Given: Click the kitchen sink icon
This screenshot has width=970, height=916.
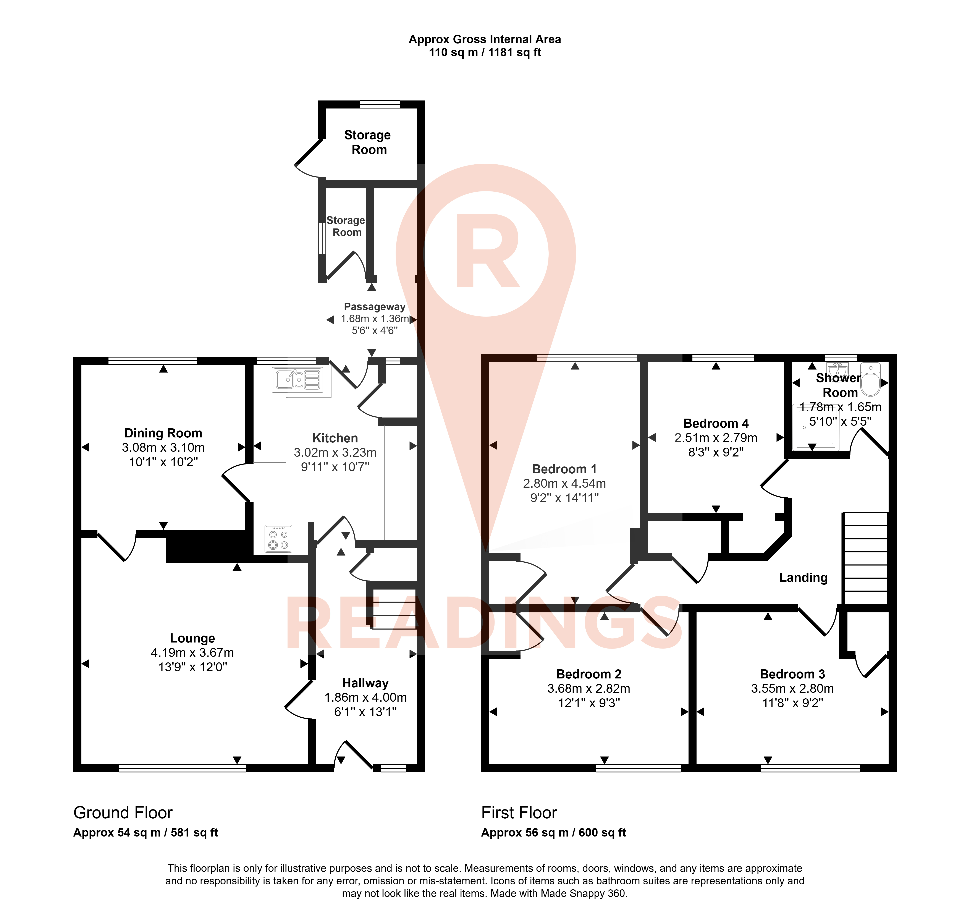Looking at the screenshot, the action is (x=297, y=379).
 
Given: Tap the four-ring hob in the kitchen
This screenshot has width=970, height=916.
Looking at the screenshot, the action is (x=278, y=539).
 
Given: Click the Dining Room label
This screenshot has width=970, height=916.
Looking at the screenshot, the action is (x=163, y=433).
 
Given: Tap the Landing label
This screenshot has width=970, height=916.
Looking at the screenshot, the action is (x=803, y=578).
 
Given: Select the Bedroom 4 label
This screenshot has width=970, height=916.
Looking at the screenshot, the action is (x=716, y=423).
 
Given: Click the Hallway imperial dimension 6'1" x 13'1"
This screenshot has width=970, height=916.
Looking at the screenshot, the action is (x=365, y=712).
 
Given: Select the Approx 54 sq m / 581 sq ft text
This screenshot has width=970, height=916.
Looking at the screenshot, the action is (x=145, y=832).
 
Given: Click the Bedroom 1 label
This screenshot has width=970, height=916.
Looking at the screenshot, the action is (x=564, y=469).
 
